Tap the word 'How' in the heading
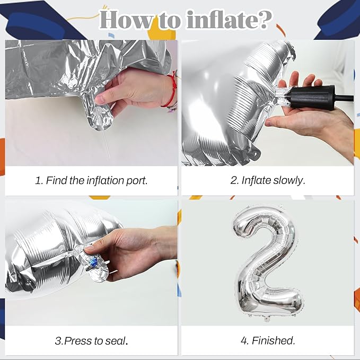click(x=126, y=20)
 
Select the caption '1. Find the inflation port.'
click(x=91, y=180)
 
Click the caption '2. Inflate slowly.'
click(x=268, y=180)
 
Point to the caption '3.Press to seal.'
click(x=91, y=341)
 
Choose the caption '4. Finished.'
click(x=268, y=341)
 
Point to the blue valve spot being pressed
click(x=93, y=261)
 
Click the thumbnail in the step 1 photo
click(x=100, y=100)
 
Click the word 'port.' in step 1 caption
click(x=137, y=181)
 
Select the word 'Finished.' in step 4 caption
click(x=274, y=341)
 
